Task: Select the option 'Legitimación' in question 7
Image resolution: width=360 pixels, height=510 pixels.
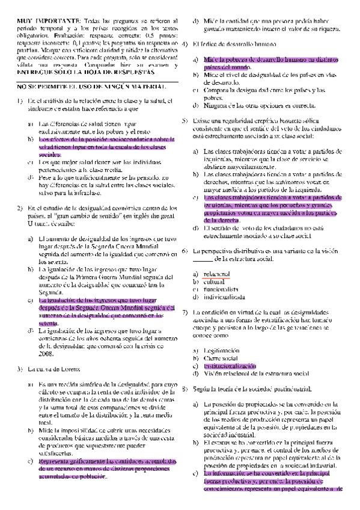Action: tap(221, 351)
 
